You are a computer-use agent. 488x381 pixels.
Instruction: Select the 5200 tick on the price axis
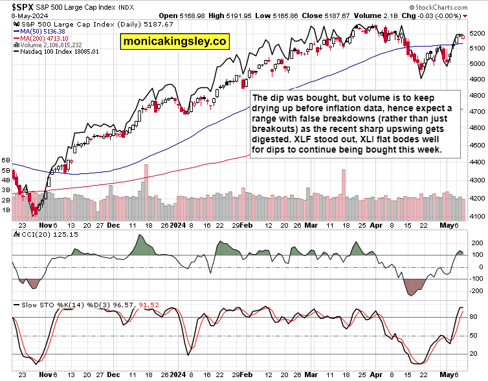(x=477, y=32)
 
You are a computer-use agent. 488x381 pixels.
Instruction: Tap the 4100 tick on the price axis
(x=477, y=215)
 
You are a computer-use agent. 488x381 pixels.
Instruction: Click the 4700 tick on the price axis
(x=477, y=111)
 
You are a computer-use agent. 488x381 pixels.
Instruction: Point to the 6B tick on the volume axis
(x=7, y=159)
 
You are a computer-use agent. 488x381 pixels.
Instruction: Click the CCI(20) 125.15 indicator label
(x=40, y=234)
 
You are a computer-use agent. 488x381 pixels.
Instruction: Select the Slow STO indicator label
(x=32, y=304)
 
